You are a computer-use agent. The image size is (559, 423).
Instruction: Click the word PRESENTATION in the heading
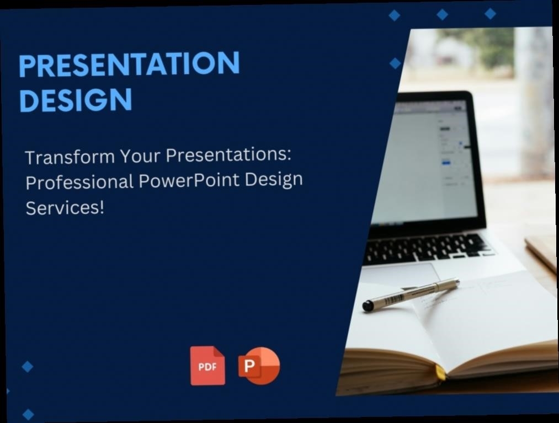(x=129, y=63)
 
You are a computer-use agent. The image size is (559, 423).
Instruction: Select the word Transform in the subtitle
(x=70, y=157)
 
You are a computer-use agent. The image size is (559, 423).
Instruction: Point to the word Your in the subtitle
(x=140, y=156)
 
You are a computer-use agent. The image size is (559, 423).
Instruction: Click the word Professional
(x=79, y=182)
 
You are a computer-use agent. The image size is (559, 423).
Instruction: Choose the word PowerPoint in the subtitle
(x=189, y=180)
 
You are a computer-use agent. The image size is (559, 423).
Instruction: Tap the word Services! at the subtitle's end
(x=65, y=208)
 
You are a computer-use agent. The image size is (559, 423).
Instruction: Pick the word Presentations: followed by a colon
(x=228, y=154)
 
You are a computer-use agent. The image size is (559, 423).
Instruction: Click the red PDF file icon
(x=207, y=366)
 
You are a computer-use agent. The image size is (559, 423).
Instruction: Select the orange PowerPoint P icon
(x=259, y=366)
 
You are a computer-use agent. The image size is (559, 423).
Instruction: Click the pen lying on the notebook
(x=411, y=295)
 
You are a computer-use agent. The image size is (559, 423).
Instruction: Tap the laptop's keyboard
(x=428, y=248)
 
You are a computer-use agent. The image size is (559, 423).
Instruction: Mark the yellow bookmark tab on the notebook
(x=440, y=372)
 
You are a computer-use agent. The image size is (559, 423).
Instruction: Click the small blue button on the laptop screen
(x=446, y=163)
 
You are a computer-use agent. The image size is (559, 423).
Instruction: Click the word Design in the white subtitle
(x=274, y=180)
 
